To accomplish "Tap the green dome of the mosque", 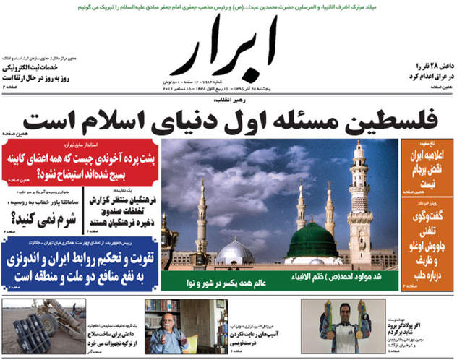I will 312,241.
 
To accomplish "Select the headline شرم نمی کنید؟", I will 43,215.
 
